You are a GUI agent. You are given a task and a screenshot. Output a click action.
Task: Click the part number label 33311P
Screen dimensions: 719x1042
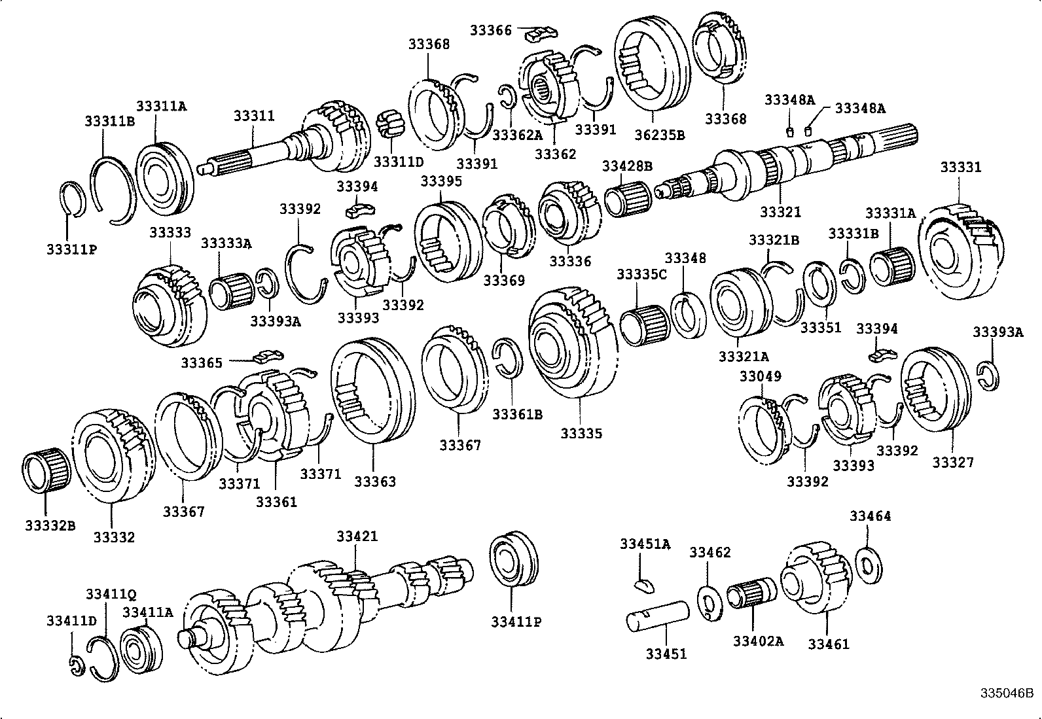(71, 249)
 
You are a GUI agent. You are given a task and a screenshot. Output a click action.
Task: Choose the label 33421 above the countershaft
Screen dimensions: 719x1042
(357, 536)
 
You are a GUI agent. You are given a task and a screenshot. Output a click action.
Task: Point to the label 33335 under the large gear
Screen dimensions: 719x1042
(581, 433)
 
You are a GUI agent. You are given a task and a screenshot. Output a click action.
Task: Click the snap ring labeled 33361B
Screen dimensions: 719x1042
(508, 358)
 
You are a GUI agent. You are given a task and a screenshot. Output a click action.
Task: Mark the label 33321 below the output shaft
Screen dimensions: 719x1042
(780, 212)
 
